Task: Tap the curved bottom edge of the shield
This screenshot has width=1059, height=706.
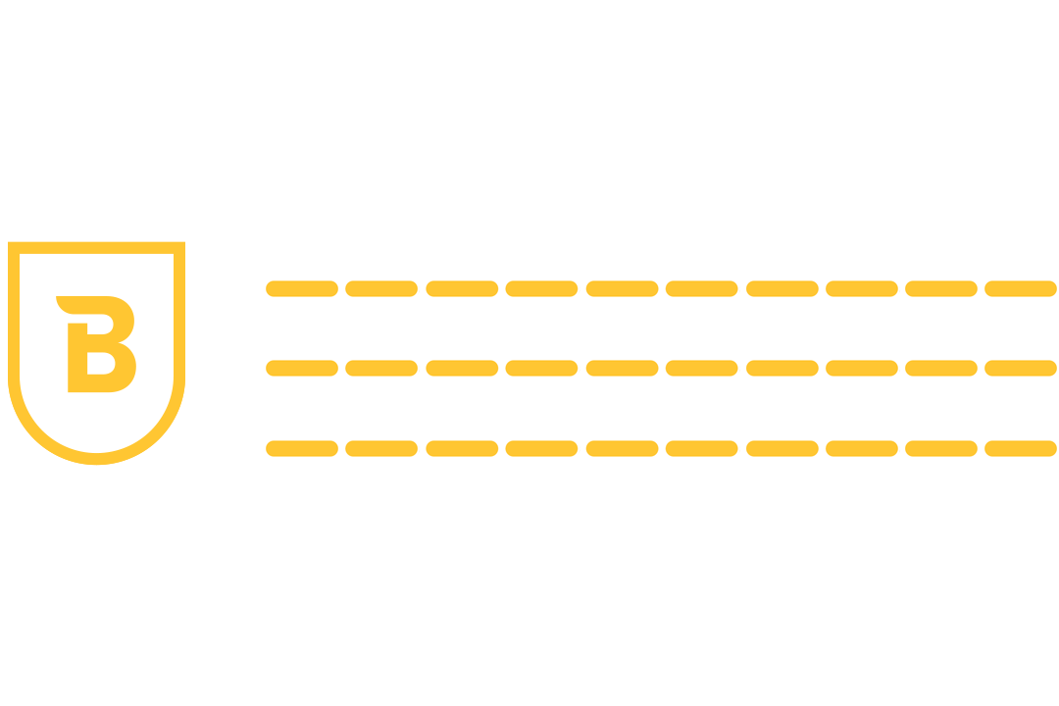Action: pos(96,458)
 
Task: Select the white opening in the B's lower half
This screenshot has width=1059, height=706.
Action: pos(100,364)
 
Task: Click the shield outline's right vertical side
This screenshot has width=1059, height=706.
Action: pos(179,314)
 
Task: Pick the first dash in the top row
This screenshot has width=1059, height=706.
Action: pos(302,288)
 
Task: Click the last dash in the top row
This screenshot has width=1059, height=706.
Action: pos(1020,288)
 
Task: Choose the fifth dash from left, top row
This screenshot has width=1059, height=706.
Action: pos(622,288)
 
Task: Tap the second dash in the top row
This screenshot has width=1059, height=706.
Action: pos(381,288)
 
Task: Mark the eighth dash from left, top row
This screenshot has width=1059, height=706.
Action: pos(861,288)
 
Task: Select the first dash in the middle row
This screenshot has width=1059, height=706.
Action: pos(302,369)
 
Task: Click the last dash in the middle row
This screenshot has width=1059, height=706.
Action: pos(1020,369)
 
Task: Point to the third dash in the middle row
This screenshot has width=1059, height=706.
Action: pos(462,369)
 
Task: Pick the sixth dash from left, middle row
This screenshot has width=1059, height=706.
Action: pos(701,369)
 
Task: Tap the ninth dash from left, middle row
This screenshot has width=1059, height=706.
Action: pos(940,369)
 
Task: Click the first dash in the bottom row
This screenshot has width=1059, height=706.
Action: pos(302,449)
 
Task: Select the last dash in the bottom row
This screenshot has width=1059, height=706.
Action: pos(1020,449)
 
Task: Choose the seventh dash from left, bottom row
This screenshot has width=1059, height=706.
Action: pos(782,449)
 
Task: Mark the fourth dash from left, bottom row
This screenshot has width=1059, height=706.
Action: pos(541,449)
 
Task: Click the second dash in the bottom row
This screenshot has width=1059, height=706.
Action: pos(381,449)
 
